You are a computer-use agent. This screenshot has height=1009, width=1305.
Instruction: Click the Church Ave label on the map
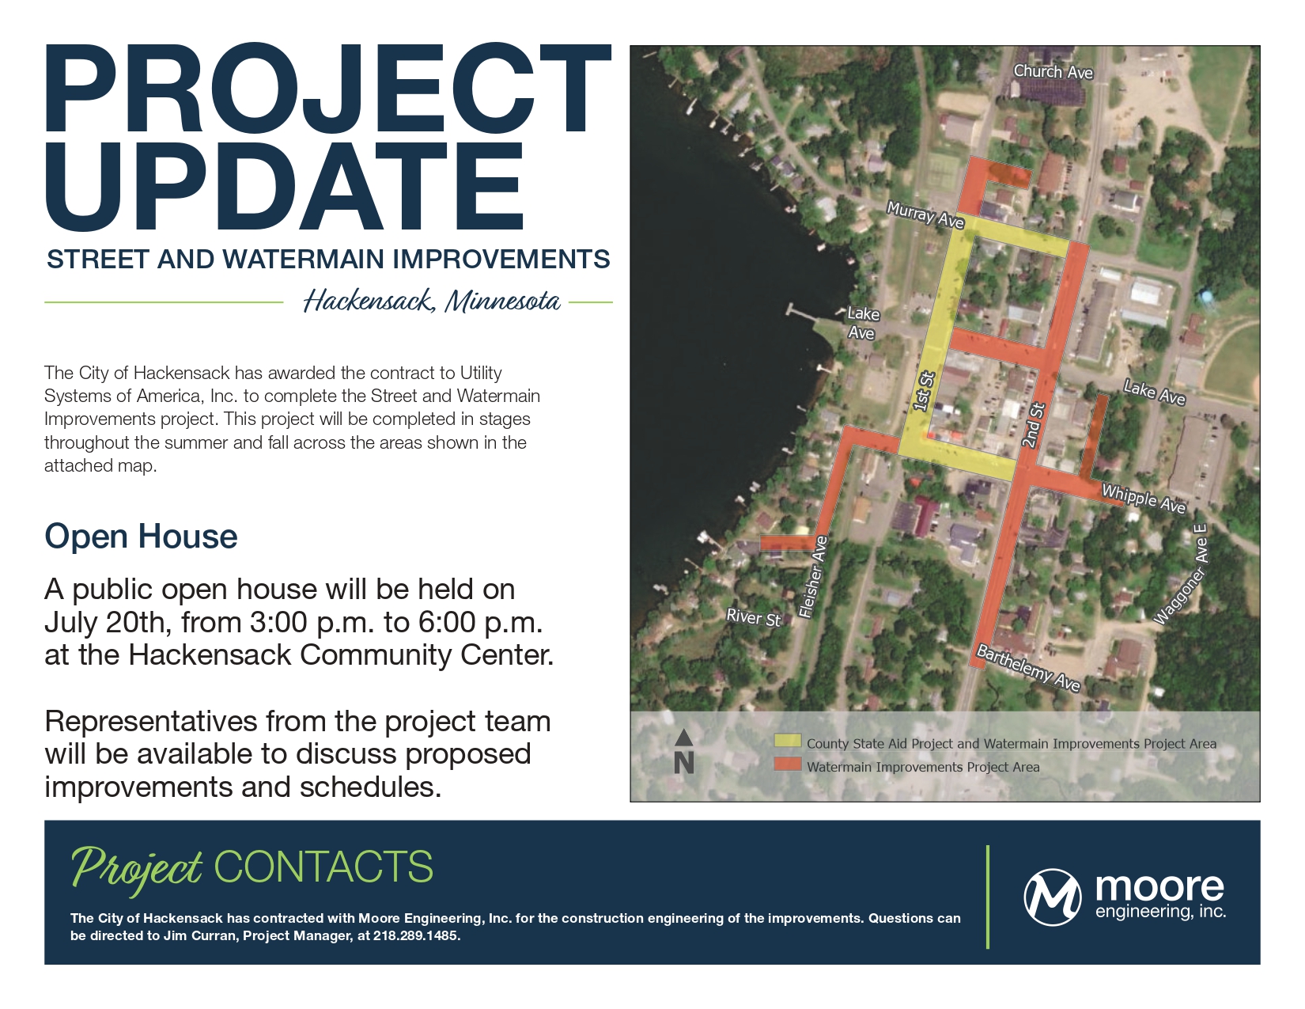click(1053, 72)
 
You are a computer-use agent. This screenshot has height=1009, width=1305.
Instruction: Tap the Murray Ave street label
click(925, 215)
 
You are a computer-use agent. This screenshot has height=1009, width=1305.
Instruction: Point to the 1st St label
click(923, 391)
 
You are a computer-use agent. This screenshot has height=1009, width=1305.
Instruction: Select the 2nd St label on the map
click(1033, 425)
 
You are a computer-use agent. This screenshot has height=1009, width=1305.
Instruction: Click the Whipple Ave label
click(1143, 499)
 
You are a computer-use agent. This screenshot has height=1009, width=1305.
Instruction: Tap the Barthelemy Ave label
click(1027, 668)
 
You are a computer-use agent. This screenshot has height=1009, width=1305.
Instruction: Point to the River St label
click(753, 617)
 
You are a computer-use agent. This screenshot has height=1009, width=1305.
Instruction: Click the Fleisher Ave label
click(812, 577)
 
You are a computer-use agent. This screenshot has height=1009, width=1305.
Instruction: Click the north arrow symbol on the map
click(683, 752)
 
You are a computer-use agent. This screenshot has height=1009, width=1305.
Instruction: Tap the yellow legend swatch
click(788, 742)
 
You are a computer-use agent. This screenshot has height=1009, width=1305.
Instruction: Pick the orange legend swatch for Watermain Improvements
click(788, 764)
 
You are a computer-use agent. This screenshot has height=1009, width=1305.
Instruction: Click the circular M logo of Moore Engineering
click(1052, 897)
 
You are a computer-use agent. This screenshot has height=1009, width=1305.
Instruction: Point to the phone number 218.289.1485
click(416, 936)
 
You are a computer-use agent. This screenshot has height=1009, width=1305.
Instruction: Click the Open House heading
click(141, 537)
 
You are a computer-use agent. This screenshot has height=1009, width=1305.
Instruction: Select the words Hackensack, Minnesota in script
click(432, 301)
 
